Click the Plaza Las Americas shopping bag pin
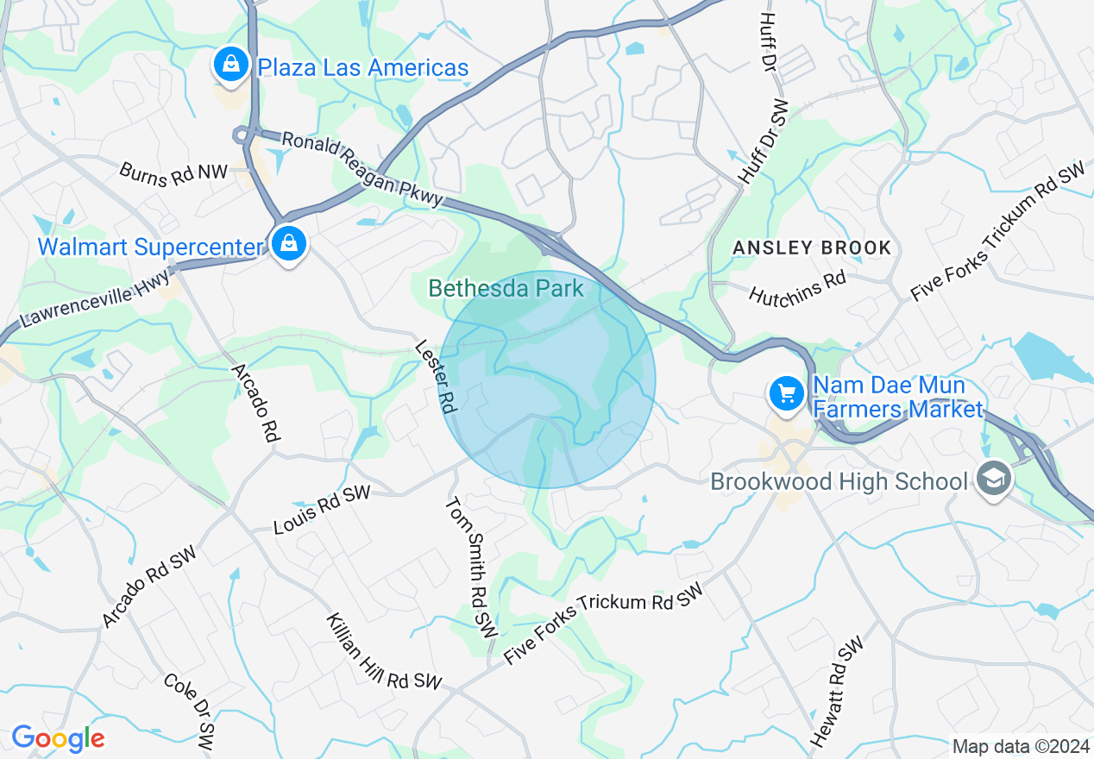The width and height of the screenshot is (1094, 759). [x=230, y=65]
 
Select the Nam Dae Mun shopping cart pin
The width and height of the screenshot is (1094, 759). [x=786, y=394]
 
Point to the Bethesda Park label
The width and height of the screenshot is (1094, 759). [x=506, y=288]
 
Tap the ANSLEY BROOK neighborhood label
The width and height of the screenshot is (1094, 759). [x=811, y=248]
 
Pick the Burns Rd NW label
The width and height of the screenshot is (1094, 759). [x=173, y=172]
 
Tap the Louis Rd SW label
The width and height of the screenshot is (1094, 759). [x=322, y=508]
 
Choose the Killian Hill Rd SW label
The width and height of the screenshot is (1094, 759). [x=384, y=652]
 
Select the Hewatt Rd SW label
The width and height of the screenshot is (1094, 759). [x=837, y=693]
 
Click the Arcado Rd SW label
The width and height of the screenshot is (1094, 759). [x=149, y=586]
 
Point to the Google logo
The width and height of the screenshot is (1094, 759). [x=58, y=738]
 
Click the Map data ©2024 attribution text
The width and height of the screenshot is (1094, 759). [x=1019, y=746]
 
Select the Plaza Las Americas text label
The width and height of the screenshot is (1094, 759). [x=363, y=67]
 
